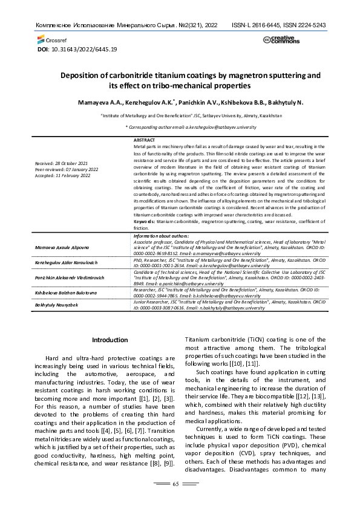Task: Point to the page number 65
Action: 176,484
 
